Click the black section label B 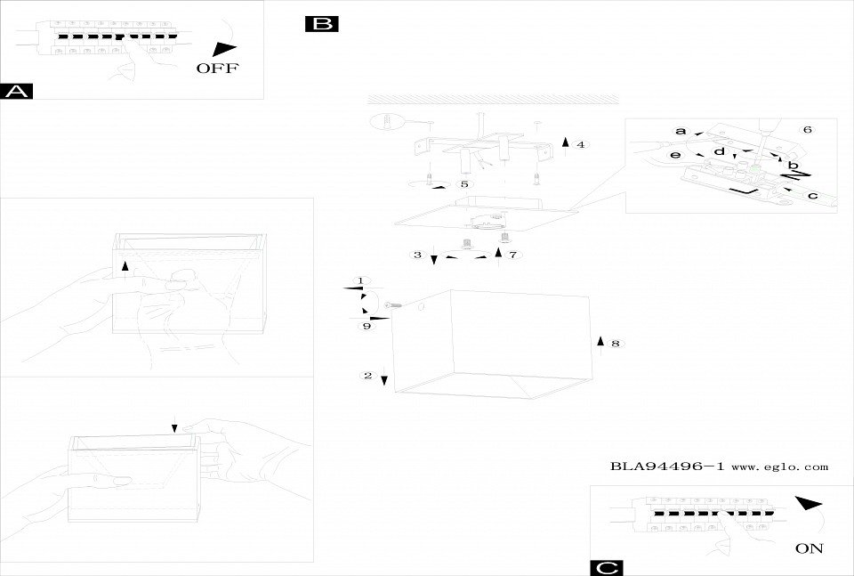pos(320,24)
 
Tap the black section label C pos(606,568)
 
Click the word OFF pos(217,69)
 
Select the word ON pos(810,548)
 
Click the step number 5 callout pos(463,183)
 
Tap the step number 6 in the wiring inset pos(807,130)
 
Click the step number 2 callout pos(368,376)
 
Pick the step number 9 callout pos(366,326)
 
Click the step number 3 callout pos(418,256)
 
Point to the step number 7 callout pos(513,255)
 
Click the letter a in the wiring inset pos(681,131)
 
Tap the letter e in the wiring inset pos(676,155)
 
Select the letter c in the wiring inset pos(812,196)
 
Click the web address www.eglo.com pos(780,466)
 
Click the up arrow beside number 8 pos(600,342)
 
